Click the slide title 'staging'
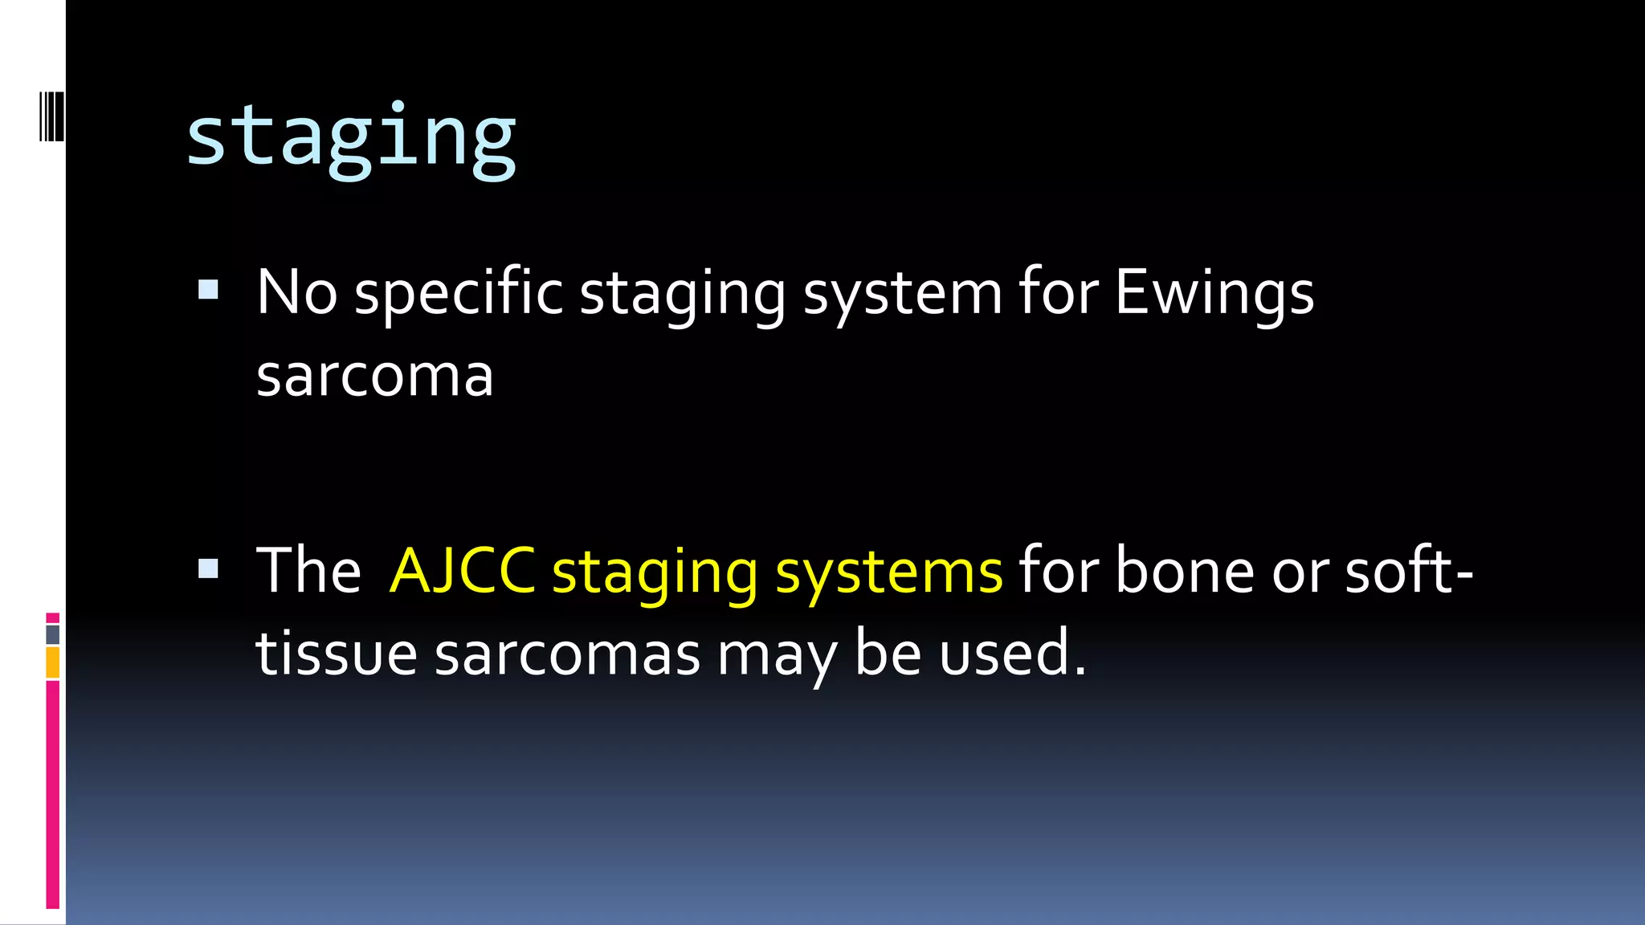351,138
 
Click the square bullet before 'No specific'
208,289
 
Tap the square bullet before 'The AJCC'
208,568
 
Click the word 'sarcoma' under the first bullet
374,376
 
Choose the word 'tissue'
337,654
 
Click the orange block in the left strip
53,663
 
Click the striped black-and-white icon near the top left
51,116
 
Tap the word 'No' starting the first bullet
296,292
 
